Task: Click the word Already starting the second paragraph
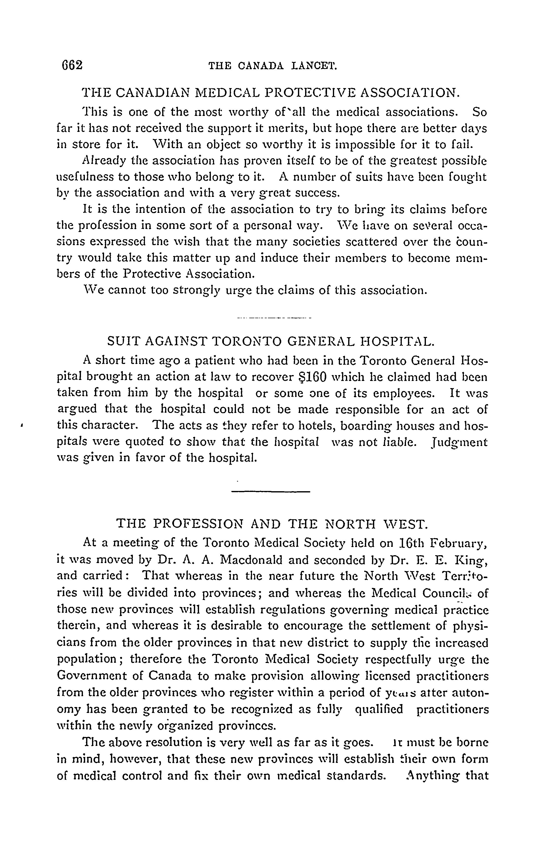tap(104, 161)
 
